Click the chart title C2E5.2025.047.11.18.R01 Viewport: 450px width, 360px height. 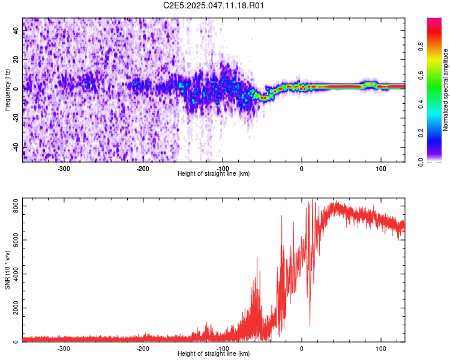coord(214,5)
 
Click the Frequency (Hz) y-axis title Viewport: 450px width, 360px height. coord(7,90)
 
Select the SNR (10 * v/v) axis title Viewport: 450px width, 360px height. coord(7,269)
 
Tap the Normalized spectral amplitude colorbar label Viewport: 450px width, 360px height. coord(446,90)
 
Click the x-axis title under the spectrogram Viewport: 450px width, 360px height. coord(214,173)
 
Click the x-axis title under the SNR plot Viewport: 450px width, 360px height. coord(214,353)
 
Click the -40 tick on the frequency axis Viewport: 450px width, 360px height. coord(15,147)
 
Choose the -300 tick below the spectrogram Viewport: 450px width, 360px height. coord(64,168)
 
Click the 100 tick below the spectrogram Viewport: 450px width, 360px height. coord(380,168)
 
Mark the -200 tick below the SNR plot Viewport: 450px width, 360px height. coord(143,348)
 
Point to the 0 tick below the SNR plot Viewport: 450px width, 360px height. coord(302,348)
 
